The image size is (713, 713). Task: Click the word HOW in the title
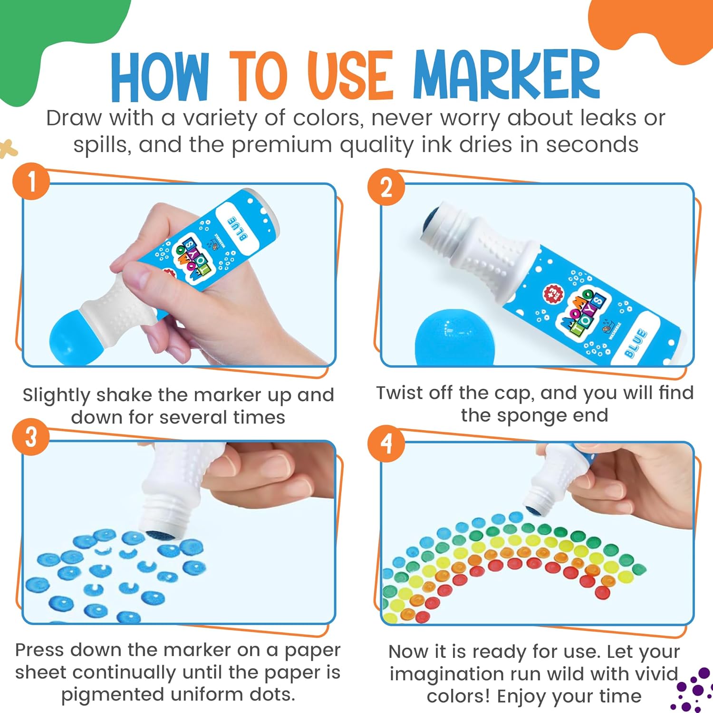click(160, 76)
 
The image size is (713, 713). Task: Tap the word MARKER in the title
click(506, 75)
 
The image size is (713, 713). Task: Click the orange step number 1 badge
click(31, 181)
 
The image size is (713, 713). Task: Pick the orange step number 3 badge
click(31, 436)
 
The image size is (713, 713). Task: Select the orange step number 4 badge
click(386, 443)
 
